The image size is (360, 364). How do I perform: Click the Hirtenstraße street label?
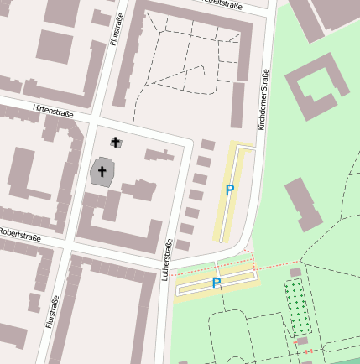[52, 111]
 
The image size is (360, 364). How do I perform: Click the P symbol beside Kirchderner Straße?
[229, 190]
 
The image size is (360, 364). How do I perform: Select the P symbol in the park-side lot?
[216, 283]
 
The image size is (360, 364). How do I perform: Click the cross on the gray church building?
[102, 172]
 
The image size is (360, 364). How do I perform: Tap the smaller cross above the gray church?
[115, 143]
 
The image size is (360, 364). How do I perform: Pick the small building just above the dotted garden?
[295, 272]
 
